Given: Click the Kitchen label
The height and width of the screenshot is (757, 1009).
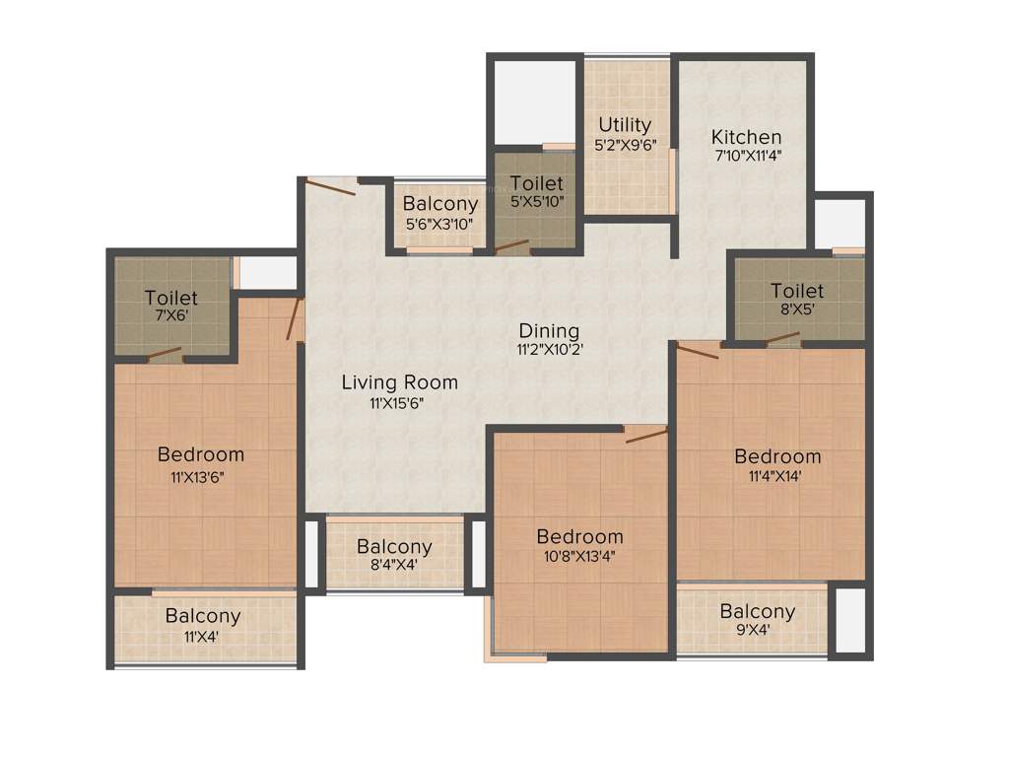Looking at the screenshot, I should (747, 137).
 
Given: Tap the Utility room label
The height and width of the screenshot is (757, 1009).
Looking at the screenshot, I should (626, 125).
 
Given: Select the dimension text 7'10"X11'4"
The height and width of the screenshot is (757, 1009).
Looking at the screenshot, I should (748, 155).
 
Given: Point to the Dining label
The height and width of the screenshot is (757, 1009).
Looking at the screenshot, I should (549, 331).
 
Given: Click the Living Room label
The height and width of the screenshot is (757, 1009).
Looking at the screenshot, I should (400, 382).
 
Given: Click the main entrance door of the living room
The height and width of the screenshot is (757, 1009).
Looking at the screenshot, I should (330, 185).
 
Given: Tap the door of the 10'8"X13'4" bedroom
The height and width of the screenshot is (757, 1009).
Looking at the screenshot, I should (646, 435).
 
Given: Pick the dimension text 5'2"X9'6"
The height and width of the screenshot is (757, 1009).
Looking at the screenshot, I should (626, 143).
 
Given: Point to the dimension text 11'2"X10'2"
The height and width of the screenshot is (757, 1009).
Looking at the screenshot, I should (549, 349).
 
